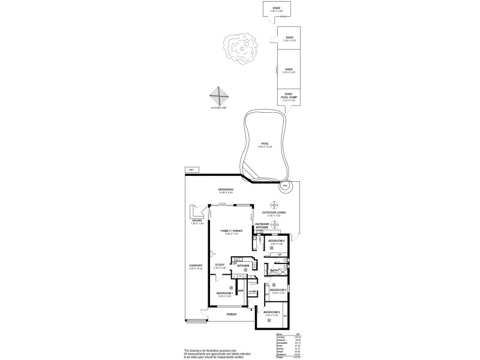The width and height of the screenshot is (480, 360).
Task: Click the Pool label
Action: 265,144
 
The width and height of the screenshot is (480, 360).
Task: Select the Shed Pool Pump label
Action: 288,95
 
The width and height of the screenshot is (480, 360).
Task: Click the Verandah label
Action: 226,190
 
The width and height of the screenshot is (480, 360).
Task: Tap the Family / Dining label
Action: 232,231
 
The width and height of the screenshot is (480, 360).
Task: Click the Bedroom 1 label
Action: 224,293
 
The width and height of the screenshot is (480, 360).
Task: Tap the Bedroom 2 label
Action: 272,313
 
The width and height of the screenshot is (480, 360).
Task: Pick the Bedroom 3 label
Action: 277,290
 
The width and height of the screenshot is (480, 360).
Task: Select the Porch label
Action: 231,314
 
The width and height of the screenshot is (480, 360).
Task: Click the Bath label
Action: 274,271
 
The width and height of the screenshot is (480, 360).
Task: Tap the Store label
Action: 253,291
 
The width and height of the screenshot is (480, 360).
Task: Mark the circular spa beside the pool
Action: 285,186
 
